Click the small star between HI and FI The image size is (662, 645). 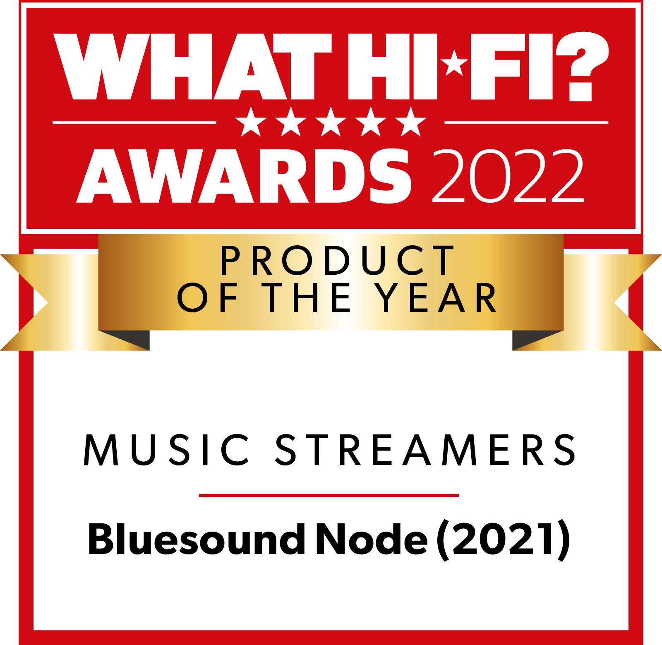pyautogui.click(x=454, y=63)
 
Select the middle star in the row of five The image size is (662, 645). pyautogui.click(x=331, y=122)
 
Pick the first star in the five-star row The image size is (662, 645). pyautogui.click(x=251, y=122)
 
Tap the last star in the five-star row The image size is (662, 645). pyautogui.click(x=410, y=122)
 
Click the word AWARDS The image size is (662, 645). pyautogui.click(x=244, y=176)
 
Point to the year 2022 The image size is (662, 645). pyautogui.click(x=508, y=176)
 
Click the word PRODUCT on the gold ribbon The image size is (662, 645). pyautogui.click(x=337, y=260)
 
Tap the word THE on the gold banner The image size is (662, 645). pyautogui.click(x=306, y=297)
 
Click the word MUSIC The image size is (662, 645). pyautogui.click(x=166, y=450)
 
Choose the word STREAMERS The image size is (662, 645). pyautogui.click(x=425, y=450)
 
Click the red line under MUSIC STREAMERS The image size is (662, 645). pyautogui.click(x=329, y=495)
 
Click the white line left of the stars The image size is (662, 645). pyautogui.click(x=134, y=122)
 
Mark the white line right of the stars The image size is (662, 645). pyautogui.click(x=526, y=122)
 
